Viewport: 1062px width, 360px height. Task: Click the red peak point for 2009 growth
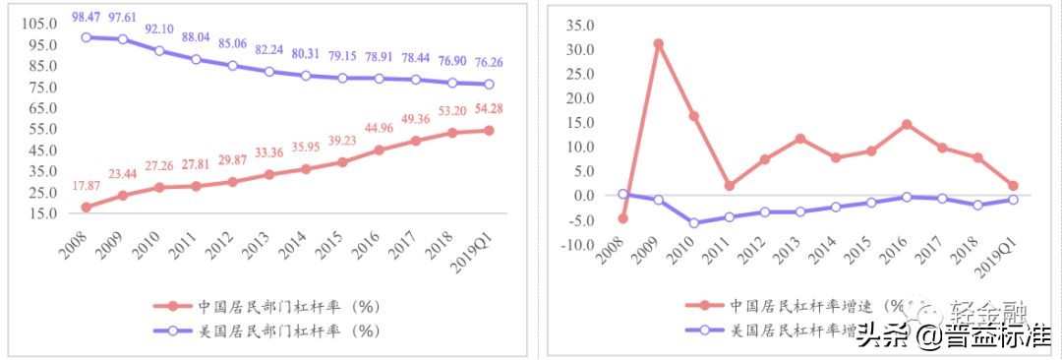click(658, 44)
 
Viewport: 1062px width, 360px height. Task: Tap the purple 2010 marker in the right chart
click(694, 222)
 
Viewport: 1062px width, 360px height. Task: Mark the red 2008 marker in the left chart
click(87, 207)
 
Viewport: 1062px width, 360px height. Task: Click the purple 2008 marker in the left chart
click(87, 37)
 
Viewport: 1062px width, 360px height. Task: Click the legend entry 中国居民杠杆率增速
click(811, 304)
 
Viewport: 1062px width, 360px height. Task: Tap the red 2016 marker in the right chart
click(907, 125)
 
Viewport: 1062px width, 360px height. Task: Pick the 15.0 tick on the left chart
click(40, 212)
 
